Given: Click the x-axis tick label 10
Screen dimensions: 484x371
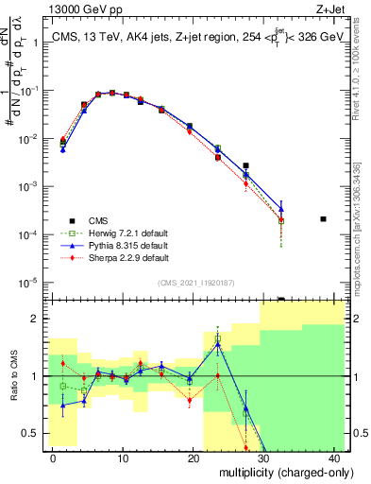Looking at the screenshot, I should pyautogui.click(x=123, y=458).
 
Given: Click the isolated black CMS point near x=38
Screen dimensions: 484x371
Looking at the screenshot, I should pyautogui.click(x=323, y=219).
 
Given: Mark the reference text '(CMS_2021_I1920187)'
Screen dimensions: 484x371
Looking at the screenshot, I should pyautogui.click(x=197, y=283).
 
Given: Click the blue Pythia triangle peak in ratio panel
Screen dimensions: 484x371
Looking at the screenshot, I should pyautogui.click(x=217, y=344).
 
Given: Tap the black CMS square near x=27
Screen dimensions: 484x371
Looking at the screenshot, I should pyautogui.click(x=245, y=165).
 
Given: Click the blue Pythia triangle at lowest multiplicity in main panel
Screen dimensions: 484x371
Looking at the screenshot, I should pyautogui.click(x=63, y=149).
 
